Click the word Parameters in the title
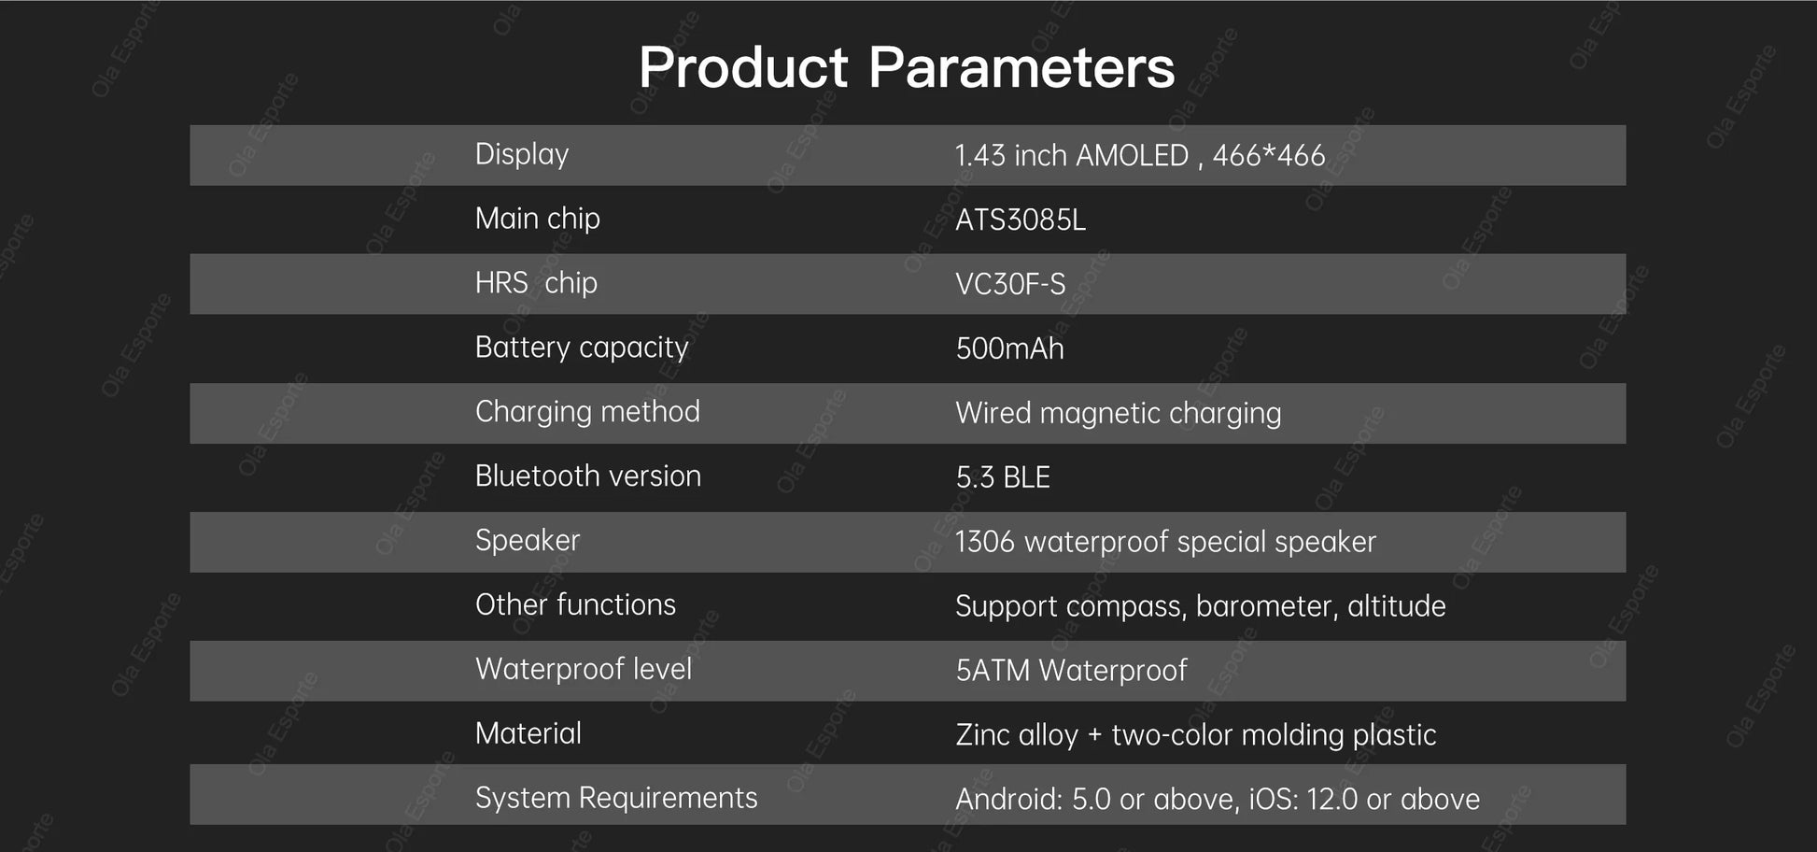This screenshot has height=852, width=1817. tap(1021, 67)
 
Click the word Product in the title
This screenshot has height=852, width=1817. tap(743, 67)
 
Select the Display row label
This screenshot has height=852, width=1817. tap(522, 154)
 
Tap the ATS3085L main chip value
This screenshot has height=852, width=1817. tap(1021, 220)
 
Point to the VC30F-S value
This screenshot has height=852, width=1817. tap(1010, 285)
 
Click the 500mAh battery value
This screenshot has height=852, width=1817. tap(1009, 349)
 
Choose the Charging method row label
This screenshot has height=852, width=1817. tap(587, 412)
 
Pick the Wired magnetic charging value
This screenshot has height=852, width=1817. tap(1119, 414)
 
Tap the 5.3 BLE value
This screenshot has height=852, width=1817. tap(1003, 478)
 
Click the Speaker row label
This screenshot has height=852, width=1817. tap(528, 541)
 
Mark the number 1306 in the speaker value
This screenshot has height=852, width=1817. tap(985, 542)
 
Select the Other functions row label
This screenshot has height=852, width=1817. tap(575, 604)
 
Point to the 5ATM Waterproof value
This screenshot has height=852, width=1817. tap(1072, 671)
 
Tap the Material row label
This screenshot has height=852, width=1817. tap(528, 733)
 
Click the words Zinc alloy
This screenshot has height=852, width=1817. tap(1017, 735)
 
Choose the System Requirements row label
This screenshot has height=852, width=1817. tap(616, 798)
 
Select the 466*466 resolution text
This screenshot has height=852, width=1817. tap(1269, 155)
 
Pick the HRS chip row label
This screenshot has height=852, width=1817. tap(536, 283)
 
